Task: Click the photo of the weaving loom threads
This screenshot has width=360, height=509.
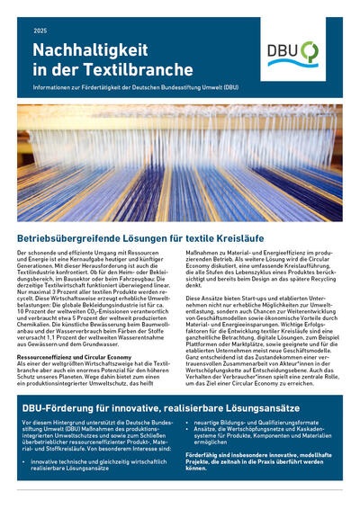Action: (x=180, y=167)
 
